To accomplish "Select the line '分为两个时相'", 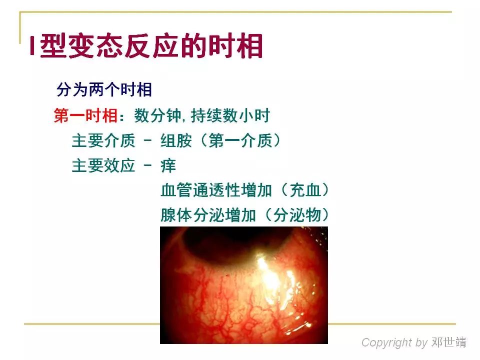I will (104, 90).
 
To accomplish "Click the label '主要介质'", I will (103, 141).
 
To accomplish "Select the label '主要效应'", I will (103, 166).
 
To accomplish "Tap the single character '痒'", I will (168, 166).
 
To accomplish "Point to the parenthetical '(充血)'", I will (305, 190).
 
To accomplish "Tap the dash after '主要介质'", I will (147, 141).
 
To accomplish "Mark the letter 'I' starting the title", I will (31, 48).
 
